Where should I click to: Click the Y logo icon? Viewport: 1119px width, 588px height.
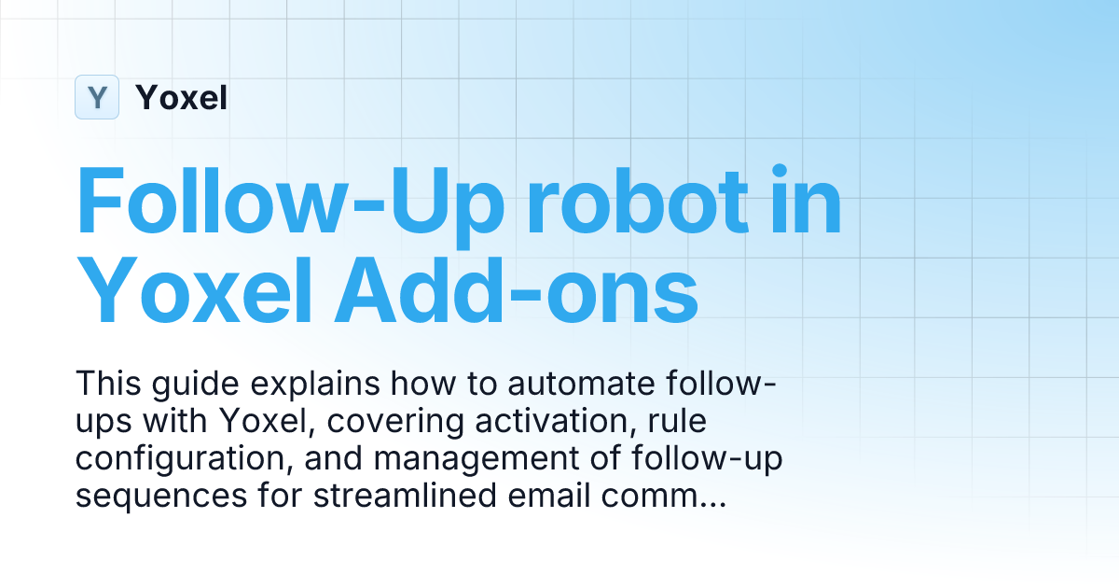[97, 97]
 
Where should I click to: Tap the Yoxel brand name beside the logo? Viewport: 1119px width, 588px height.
[181, 97]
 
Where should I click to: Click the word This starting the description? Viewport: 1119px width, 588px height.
[106, 384]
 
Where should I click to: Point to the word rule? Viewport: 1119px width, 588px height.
[678, 423]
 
